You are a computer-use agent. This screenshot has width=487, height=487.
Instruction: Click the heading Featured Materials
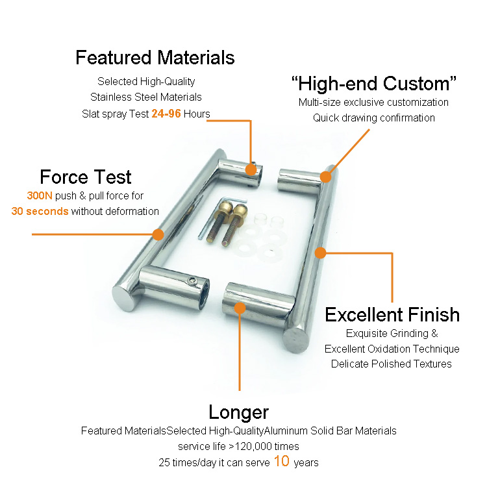pyautogui.click(x=155, y=58)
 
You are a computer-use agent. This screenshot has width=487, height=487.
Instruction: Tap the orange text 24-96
pyautogui.click(x=166, y=114)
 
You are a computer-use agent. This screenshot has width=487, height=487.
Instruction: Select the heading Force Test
pyautogui.click(x=86, y=177)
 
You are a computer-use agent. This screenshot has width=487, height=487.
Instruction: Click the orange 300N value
pyautogui.click(x=40, y=195)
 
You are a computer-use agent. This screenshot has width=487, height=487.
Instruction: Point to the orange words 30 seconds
pyautogui.click(x=40, y=211)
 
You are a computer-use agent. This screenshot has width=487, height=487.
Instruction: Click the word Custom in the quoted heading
pyautogui.click(x=416, y=84)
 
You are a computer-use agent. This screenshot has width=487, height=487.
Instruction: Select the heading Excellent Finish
pyautogui.click(x=392, y=314)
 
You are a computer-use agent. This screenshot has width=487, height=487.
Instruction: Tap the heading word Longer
pyautogui.click(x=238, y=412)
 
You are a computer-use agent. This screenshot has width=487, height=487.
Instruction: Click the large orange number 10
pyautogui.click(x=282, y=461)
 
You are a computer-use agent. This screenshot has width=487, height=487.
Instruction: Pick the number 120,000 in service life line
pyautogui.click(x=253, y=446)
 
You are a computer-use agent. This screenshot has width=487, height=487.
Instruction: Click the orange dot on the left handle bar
pyautogui.click(x=158, y=234)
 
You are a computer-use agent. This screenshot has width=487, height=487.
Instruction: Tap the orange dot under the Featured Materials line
pyautogui.click(x=251, y=169)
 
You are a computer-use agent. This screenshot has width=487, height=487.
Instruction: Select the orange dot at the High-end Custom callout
pyautogui.click(x=325, y=177)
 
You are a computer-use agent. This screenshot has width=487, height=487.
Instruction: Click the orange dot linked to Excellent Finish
pyautogui.click(x=320, y=253)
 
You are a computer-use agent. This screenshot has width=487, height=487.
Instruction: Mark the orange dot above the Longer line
pyautogui.click(x=240, y=308)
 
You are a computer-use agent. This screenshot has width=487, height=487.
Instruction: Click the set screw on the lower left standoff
pyautogui.click(x=193, y=281)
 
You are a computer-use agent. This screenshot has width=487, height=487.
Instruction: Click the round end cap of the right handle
pyautogui.click(x=296, y=340)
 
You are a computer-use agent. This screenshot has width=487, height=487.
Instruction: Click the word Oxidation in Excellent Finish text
pyautogui.click(x=388, y=349)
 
